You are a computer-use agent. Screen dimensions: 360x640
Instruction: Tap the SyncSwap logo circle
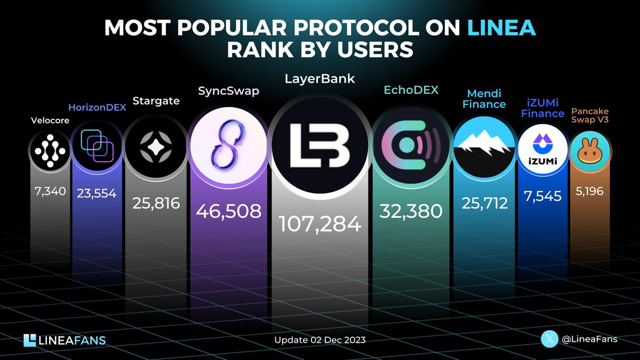(x=225, y=147)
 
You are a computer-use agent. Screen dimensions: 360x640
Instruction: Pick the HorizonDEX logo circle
(x=96, y=150)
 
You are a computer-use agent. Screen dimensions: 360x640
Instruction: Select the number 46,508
(x=228, y=211)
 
